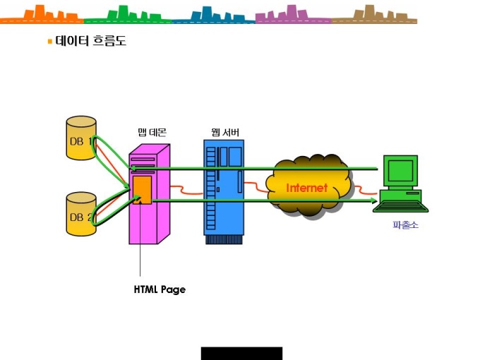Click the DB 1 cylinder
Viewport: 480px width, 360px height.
[81, 138]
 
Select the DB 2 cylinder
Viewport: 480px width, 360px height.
[81, 214]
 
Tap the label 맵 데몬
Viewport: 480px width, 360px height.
[152, 132]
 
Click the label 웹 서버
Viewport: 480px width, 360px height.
[225, 132]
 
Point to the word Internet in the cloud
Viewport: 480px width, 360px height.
[307, 188]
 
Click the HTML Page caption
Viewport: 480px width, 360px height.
[160, 289]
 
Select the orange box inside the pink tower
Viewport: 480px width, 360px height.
[143, 190]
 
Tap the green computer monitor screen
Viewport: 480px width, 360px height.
[400, 171]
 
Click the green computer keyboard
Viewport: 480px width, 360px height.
[401, 207]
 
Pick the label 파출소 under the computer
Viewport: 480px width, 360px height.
[405, 225]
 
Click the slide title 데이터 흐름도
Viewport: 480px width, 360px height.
[90, 41]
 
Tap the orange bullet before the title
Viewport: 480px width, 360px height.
[50, 42]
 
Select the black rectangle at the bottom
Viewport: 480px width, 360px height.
[241, 353]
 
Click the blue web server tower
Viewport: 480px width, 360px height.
[224, 192]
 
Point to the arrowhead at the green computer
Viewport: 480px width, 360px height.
[374, 200]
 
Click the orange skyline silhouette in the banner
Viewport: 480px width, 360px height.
[42, 15]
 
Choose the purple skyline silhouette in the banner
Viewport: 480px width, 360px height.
[293, 15]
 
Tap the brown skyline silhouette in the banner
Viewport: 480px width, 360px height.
[374, 15]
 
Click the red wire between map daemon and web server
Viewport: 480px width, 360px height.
[186, 190]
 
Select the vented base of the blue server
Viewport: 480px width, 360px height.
[224, 239]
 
